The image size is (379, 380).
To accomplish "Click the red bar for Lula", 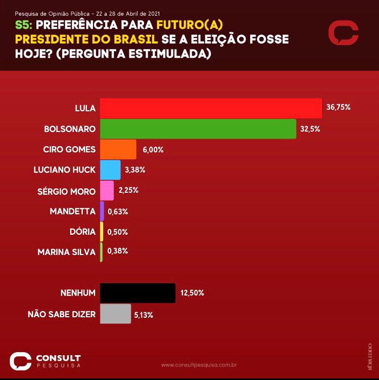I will (x=211, y=108).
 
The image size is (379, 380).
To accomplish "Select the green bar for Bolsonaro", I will (x=198, y=129).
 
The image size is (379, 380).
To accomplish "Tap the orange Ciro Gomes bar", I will (x=118, y=150).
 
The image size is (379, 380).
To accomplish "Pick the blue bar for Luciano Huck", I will (x=110, y=170).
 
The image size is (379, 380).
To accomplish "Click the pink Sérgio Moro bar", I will (x=107, y=191).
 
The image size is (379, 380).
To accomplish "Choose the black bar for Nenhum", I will (x=137, y=293).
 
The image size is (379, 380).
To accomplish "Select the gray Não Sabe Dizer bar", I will (x=115, y=314).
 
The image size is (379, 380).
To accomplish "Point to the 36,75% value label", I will (x=338, y=108).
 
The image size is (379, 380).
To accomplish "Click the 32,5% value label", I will (x=310, y=129).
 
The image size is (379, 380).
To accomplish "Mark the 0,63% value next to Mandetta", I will (x=118, y=212).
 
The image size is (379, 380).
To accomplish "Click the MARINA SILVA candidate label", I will (x=67, y=252).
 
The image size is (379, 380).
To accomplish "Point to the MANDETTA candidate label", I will (x=73, y=212).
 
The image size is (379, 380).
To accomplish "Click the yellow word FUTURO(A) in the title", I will (x=190, y=25).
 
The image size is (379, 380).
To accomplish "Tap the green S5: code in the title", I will (x=25, y=25).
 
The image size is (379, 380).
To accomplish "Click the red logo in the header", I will (x=343, y=33).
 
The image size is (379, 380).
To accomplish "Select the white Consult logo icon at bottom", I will (x=20, y=361).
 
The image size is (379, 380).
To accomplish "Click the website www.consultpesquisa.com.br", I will (x=199, y=364).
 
